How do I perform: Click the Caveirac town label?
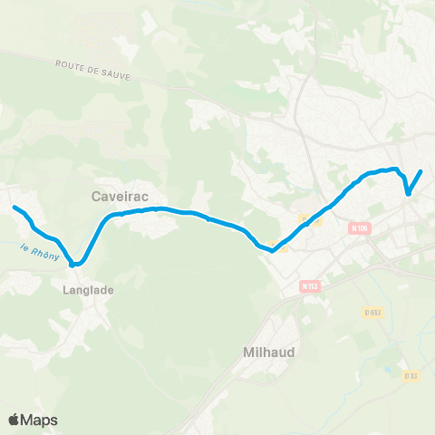[120, 195]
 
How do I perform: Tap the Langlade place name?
[89, 291]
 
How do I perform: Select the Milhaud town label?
[271, 353]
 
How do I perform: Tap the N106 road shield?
[360, 229]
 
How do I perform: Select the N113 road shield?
[309, 286]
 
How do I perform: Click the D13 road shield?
[411, 375]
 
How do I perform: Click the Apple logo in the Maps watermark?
[14, 420]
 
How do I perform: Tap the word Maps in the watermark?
[39, 420]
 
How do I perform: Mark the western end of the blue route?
[14, 208]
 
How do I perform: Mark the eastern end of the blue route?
[421, 171]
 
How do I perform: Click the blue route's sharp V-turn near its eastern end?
[409, 192]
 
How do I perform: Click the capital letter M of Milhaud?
[248, 353]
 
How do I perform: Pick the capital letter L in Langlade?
[67, 291]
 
